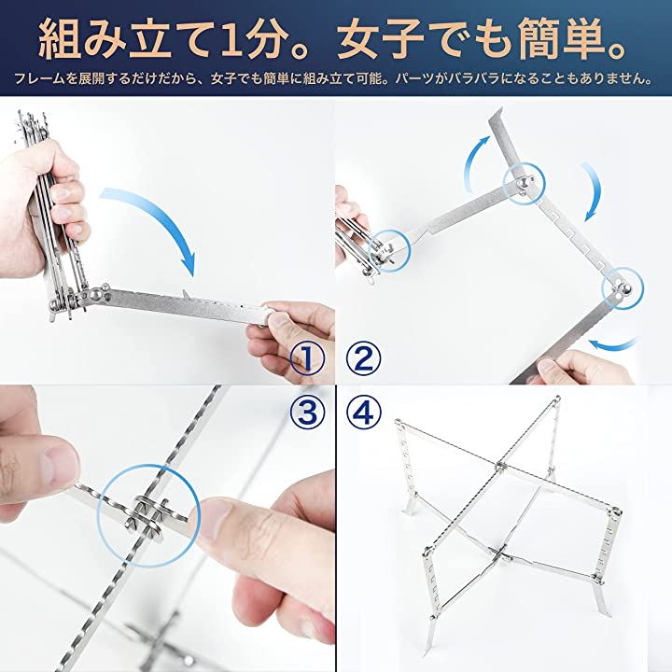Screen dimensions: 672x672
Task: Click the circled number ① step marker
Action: pyautogui.click(x=307, y=359)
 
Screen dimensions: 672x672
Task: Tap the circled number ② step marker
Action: pyautogui.click(x=363, y=359)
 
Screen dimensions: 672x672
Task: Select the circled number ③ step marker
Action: pyautogui.click(x=307, y=413)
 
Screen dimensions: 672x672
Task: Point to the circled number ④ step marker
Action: pyautogui.click(x=363, y=413)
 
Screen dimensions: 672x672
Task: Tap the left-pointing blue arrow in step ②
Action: pyautogui.click(x=612, y=345)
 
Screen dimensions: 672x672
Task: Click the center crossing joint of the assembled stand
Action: pyautogui.click(x=500, y=466)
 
